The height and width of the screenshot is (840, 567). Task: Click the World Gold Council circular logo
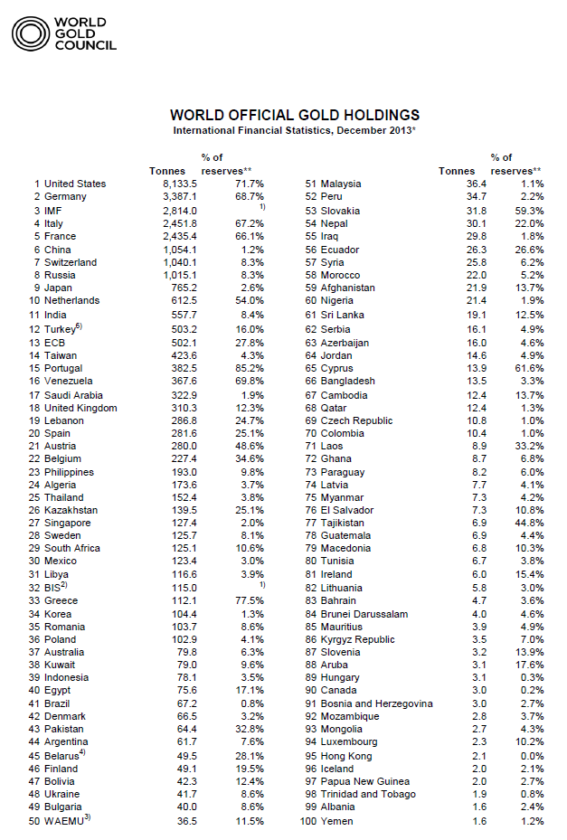point(30,34)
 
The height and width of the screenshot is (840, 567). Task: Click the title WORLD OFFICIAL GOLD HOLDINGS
point(295,116)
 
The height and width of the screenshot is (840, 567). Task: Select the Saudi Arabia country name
point(75,395)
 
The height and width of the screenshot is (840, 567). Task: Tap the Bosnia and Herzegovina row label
point(376,703)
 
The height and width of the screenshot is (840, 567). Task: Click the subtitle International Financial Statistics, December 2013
point(294,132)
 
